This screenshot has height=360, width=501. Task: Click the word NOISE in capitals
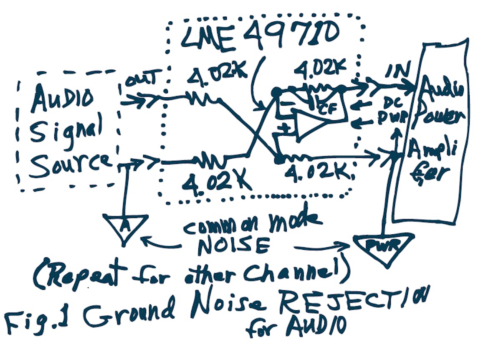pos(234,245)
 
